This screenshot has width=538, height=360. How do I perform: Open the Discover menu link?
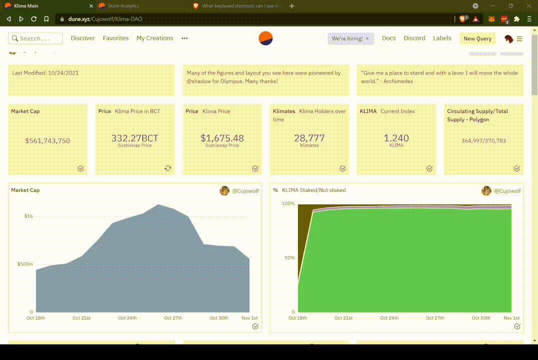tap(83, 38)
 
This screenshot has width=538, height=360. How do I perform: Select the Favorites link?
tap(115, 38)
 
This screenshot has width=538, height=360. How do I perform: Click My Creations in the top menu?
tap(154, 38)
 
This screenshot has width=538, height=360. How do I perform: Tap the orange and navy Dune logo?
tap(265, 38)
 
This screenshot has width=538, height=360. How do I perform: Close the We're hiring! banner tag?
tap(367, 38)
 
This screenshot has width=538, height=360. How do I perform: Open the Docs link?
tap(388, 38)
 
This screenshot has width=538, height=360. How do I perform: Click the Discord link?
tap(414, 38)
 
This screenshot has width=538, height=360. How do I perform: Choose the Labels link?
tap(442, 38)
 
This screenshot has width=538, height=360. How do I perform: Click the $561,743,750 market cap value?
tap(47, 141)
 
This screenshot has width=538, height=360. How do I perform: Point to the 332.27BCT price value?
tap(134, 138)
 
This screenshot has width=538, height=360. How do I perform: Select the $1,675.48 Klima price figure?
tap(222, 138)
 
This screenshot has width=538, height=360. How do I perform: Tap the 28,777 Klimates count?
tap(309, 138)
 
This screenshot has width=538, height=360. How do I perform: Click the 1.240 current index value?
tap(396, 138)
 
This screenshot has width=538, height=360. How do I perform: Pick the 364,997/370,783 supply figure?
tap(483, 141)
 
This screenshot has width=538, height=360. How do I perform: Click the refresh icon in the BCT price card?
tap(168, 168)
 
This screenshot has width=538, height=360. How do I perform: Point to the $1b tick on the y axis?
tap(28, 216)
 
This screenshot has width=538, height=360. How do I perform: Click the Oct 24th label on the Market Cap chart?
tap(127, 318)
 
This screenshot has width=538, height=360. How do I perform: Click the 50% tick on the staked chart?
tap(289, 258)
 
